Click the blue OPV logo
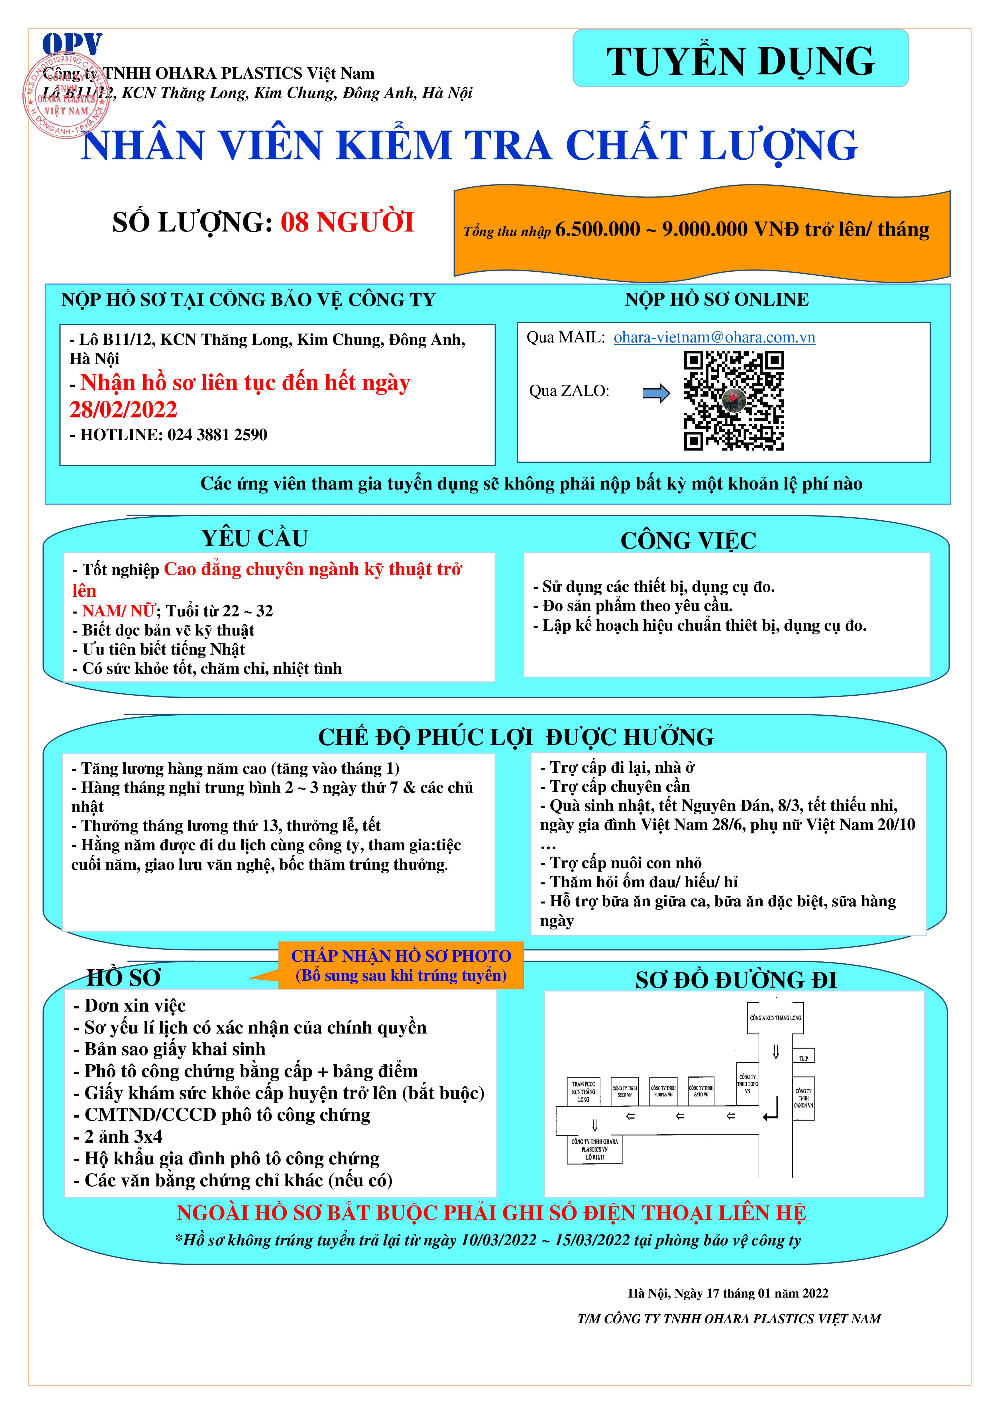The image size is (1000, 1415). pos(72,44)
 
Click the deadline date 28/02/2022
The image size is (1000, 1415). pos(123,409)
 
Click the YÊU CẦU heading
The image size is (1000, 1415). pos(254,538)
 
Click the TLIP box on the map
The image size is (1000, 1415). pos(803,1058)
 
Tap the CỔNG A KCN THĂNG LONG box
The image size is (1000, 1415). pos(775,1018)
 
